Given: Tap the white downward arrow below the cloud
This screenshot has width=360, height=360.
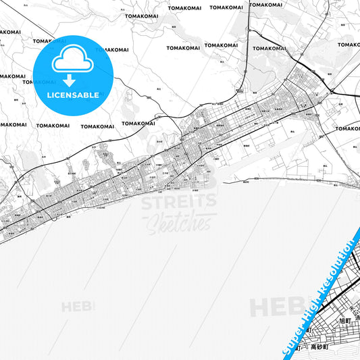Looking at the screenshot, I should [72, 80].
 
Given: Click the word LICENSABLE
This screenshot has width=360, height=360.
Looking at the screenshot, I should [72, 95].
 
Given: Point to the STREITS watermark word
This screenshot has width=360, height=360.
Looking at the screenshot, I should [178, 201].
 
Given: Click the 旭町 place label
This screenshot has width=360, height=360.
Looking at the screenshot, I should [328, 319].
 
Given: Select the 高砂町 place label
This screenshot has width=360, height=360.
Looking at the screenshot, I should [318, 346].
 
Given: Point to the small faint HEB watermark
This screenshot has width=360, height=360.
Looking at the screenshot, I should [78, 306].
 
